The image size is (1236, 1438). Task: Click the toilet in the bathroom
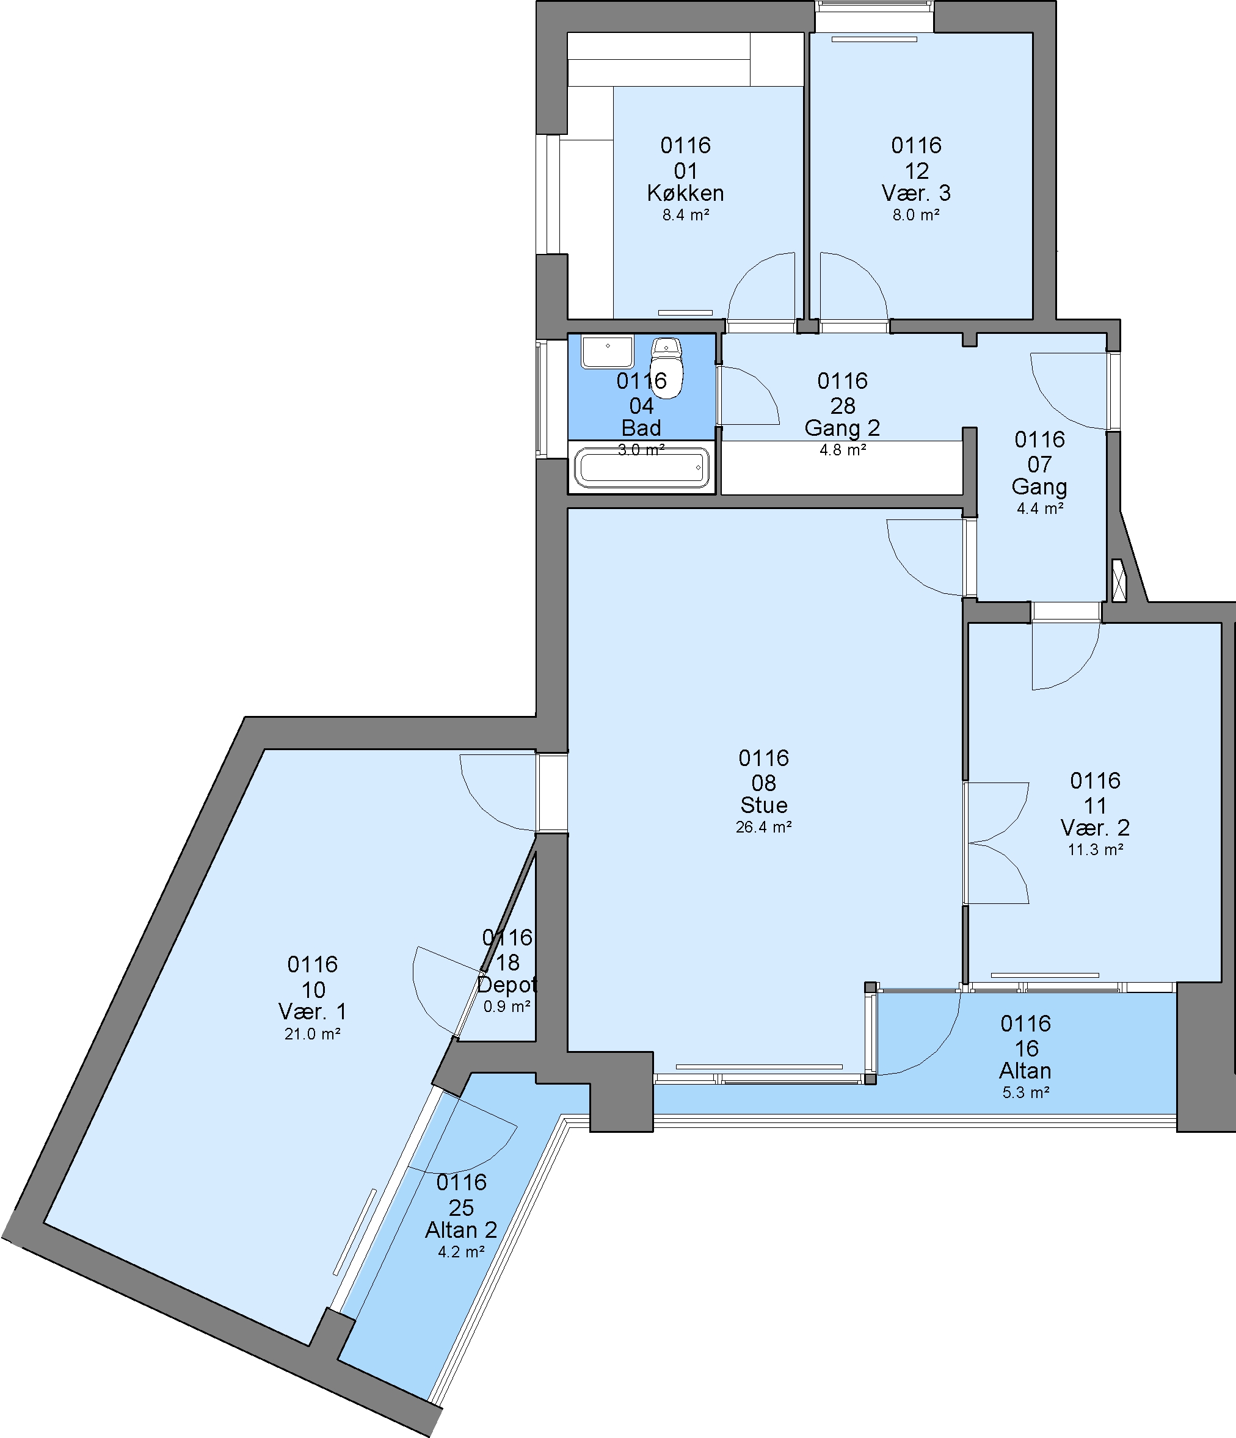667,369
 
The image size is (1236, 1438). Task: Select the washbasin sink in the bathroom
607,352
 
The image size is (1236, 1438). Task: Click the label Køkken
685,193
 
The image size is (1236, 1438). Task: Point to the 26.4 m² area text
764,826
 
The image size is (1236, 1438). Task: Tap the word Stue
764,805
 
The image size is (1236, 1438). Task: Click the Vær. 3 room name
916,193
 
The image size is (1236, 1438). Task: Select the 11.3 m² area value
1095,849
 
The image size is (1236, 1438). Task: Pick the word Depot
507,985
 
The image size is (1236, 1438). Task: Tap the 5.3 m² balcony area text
1025,1093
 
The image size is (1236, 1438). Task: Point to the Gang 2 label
842,428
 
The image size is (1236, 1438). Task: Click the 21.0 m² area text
313,1034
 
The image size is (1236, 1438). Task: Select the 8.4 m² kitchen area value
685,215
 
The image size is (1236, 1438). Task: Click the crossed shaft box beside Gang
1118,580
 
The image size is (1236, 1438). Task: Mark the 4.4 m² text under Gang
1039,508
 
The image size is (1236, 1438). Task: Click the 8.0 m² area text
916,215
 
